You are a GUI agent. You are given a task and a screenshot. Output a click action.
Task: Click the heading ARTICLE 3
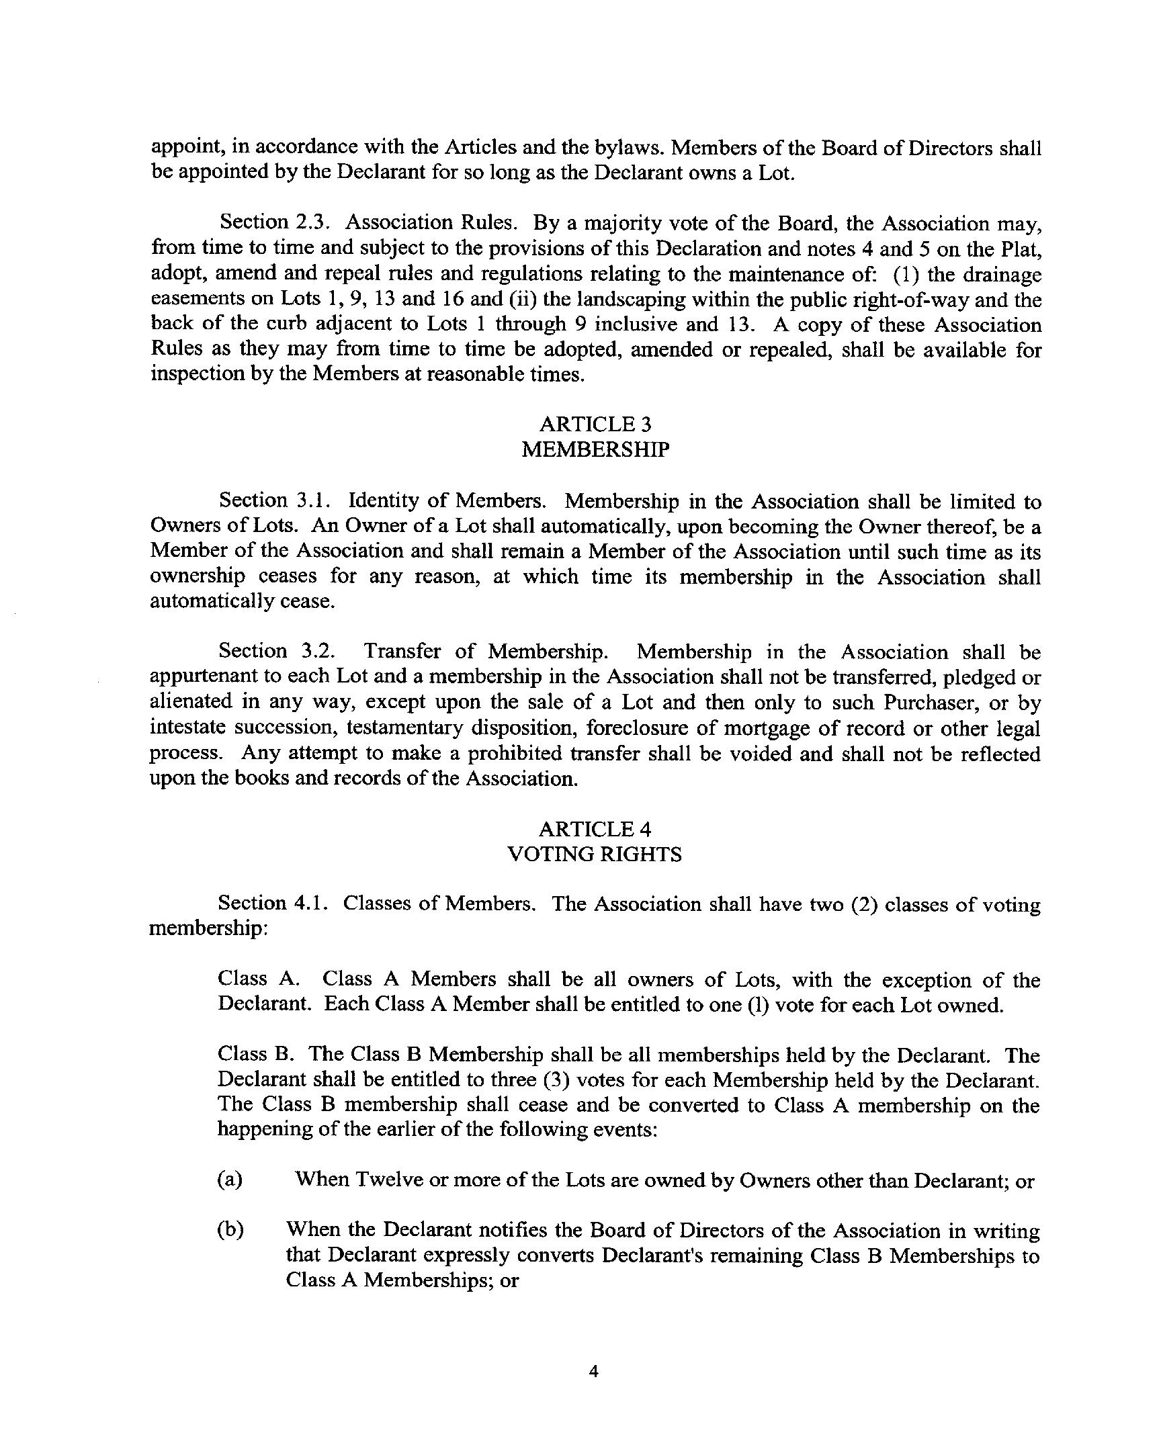coord(595,424)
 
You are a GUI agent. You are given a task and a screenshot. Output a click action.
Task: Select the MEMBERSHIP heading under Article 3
coord(595,449)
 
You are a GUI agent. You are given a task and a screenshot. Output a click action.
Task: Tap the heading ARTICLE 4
coord(595,828)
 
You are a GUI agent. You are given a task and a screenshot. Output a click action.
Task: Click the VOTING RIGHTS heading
coord(595,854)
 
